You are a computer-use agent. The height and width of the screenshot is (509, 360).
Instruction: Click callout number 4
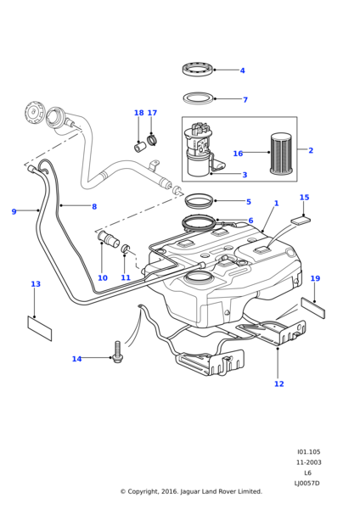242,70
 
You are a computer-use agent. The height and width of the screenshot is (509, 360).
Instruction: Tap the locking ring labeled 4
198,70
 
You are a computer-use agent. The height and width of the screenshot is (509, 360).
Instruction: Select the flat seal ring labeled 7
198,98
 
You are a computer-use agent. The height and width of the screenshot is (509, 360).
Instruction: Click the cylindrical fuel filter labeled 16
282,153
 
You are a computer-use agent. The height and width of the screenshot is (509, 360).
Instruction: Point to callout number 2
311,150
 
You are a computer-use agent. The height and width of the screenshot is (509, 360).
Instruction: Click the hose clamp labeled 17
152,141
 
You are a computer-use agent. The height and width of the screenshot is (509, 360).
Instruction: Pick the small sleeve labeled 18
140,147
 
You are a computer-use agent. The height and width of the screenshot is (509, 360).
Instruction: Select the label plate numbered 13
40,328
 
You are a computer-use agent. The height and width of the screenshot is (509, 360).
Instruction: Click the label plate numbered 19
313,308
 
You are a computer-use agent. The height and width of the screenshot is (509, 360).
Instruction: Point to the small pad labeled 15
301,221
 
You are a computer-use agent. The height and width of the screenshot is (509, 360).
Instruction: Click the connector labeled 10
108,239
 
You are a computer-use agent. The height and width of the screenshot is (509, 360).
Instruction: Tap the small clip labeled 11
126,249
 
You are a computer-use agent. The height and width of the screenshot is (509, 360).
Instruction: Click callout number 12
278,383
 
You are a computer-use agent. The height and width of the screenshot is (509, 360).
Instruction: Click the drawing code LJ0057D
307,483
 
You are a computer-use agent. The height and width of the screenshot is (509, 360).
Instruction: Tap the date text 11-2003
308,462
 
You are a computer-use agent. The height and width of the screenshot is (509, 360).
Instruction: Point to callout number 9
14,211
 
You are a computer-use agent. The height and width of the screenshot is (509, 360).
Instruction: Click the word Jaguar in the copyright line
190,491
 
